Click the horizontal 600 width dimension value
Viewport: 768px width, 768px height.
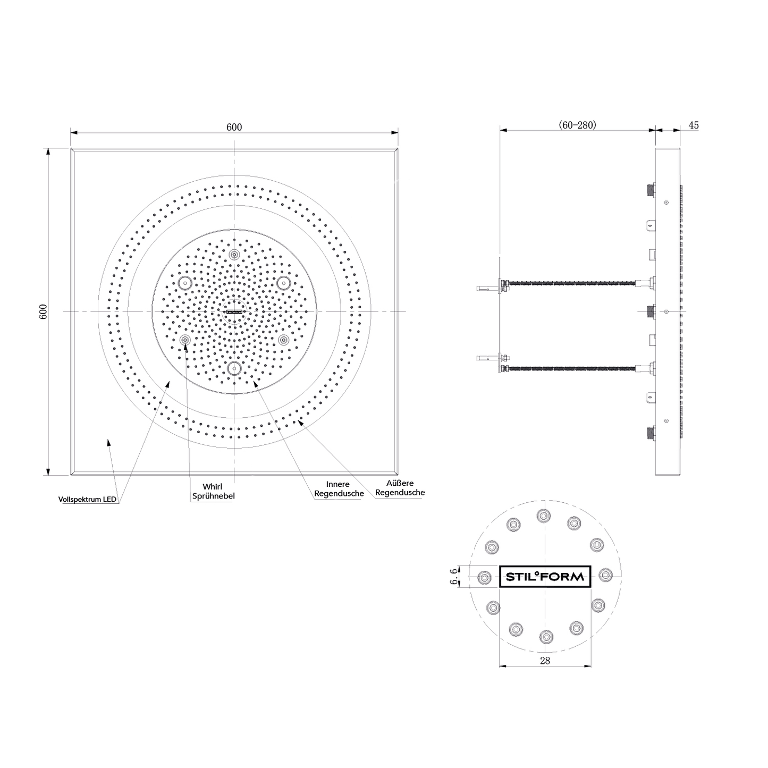pyautogui.click(x=234, y=127)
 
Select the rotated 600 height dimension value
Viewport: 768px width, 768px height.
pyautogui.click(x=44, y=311)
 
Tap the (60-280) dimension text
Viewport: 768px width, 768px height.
pyautogui.click(x=577, y=125)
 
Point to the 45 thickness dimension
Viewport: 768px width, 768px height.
pyautogui.click(x=694, y=125)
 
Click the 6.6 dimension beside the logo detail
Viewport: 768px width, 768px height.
pyautogui.click(x=453, y=576)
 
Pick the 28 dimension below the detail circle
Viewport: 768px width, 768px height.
pyautogui.click(x=545, y=661)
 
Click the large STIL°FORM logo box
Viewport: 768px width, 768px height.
pyautogui.click(x=545, y=576)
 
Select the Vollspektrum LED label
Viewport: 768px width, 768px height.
pyautogui.click(x=87, y=500)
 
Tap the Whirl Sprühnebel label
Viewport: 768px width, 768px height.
pyautogui.click(x=213, y=491)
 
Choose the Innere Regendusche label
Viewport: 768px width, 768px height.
pyautogui.click(x=339, y=489)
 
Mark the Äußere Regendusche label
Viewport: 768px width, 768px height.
pyautogui.click(x=400, y=488)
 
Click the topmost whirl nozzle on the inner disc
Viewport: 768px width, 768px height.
pyautogui.click(x=234, y=255)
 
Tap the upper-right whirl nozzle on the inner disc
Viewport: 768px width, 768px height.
pyautogui.click(x=283, y=283)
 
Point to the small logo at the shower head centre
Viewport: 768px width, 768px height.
pyautogui.click(x=234, y=312)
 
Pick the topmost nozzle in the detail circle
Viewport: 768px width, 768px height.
pyautogui.click(x=543, y=515)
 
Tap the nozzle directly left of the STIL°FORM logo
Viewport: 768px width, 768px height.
pyautogui.click(x=484, y=577)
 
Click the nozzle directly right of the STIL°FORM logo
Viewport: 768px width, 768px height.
pyautogui.click(x=606, y=575)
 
